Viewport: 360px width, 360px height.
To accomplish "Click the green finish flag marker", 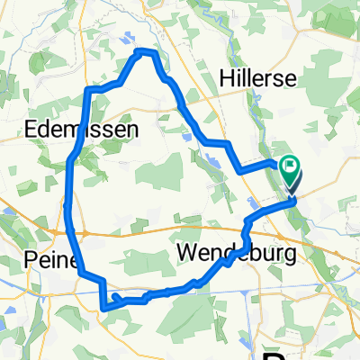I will click(290, 166).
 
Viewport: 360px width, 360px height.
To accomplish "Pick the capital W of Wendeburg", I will click(189, 254).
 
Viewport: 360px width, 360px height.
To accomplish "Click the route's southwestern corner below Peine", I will click(105, 307).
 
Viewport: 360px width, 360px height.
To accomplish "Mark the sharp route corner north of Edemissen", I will click(86, 90).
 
